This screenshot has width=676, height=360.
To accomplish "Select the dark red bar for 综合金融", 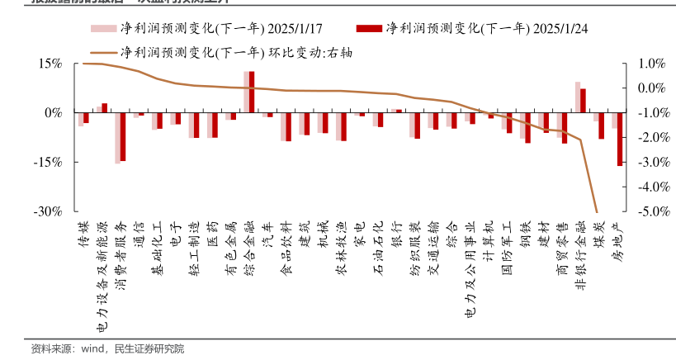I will (x=252, y=92).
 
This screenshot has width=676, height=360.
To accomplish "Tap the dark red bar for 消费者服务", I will (x=123, y=137).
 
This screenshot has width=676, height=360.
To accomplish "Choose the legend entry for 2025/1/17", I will (x=189, y=30).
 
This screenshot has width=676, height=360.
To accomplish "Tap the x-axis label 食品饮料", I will (x=286, y=239).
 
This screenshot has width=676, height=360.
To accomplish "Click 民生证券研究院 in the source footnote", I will (x=149, y=348).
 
